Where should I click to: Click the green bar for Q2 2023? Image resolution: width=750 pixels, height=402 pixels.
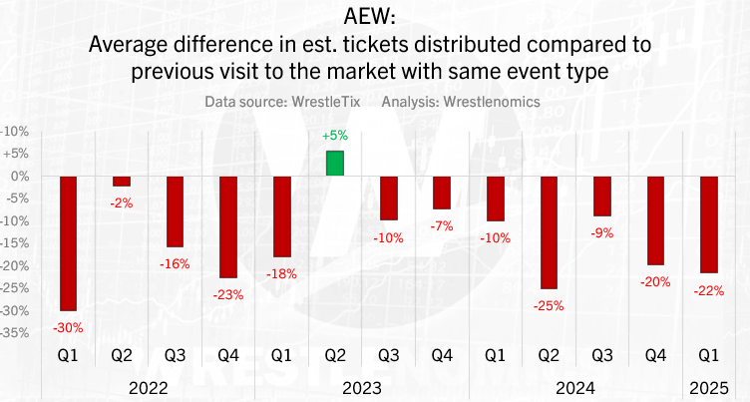pos(335,164)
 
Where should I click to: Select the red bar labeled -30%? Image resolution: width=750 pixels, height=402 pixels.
pos(69,243)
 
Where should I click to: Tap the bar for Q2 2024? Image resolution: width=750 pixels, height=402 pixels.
pos(549,232)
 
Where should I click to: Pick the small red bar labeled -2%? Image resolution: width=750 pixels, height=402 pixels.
pos(122,182)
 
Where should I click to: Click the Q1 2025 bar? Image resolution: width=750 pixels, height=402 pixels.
pos(709,224)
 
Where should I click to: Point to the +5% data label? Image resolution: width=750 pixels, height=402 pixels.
pos(335,136)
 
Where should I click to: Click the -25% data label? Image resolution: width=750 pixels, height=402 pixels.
pos(549,305)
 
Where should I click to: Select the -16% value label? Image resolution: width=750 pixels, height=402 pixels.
pos(176,262)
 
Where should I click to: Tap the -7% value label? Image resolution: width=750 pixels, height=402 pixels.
pos(442,225)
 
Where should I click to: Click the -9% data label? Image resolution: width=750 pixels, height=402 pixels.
pos(602,232)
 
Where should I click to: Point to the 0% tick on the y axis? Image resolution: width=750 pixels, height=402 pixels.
pos(16,177)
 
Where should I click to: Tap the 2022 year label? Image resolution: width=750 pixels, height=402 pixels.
pos(149,387)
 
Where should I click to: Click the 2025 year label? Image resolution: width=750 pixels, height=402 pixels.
pos(709,387)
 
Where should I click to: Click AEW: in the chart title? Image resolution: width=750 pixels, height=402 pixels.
pos(374,18)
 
